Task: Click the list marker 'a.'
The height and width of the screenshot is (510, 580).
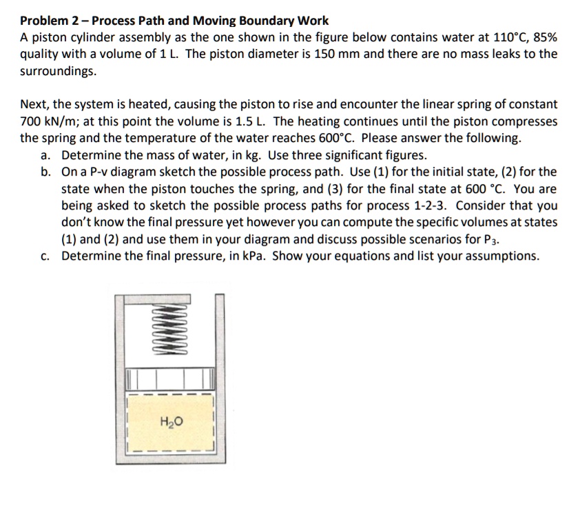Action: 47,155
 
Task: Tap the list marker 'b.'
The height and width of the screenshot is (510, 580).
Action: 47,172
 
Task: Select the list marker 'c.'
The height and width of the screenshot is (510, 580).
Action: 47,256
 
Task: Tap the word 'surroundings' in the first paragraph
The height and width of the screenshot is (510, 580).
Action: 57,71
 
